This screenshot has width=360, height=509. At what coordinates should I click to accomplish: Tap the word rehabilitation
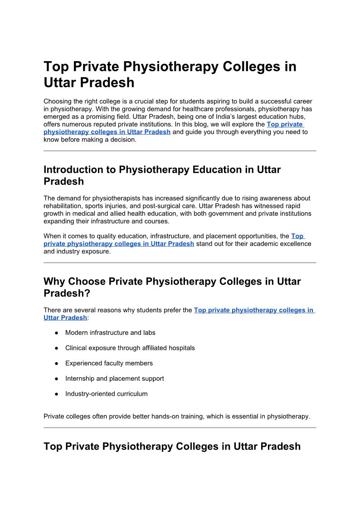pyautogui.click(x=62, y=206)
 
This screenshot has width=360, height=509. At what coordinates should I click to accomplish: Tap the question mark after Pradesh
pyautogui.click(x=88, y=294)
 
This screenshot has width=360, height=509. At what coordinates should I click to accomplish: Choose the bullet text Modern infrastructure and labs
pyautogui.click(x=110, y=333)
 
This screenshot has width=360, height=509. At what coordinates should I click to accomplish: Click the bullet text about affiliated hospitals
pyautogui.click(x=130, y=348)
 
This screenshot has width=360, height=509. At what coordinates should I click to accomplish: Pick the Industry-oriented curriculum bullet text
pyautogui.click(x=107, y=394)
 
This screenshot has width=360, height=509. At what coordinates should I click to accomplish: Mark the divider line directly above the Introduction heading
pyautogui.click(x=180, y=151)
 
